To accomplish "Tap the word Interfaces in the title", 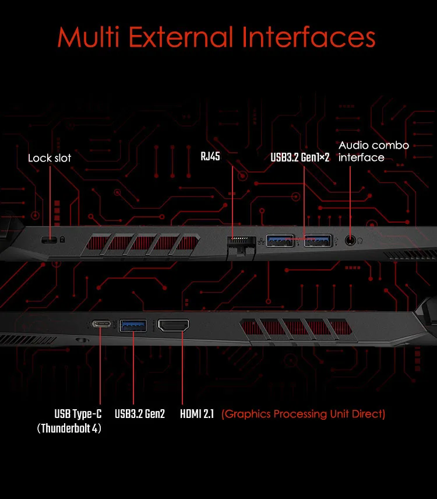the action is click(309, 37).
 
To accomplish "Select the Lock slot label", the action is click(50, 158).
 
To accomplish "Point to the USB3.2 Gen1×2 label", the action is click(300, 157).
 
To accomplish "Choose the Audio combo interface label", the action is click(373, 151).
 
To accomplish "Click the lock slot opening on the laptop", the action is click(49, 240).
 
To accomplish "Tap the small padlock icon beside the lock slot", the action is click(62, 240).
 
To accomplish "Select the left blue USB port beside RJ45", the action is click(279, 239).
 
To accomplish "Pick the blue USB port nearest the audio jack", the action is click(317, 239).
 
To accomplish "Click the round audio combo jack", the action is click(350, 239).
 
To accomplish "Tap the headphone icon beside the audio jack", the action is click(360, 239).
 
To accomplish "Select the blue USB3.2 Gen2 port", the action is click(133, 325).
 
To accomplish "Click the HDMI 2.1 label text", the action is click(197, 414).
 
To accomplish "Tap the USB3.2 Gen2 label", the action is click(140, 414).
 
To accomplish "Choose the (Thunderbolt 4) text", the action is click(69, 428).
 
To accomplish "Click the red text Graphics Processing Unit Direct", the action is click(304, 414).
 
